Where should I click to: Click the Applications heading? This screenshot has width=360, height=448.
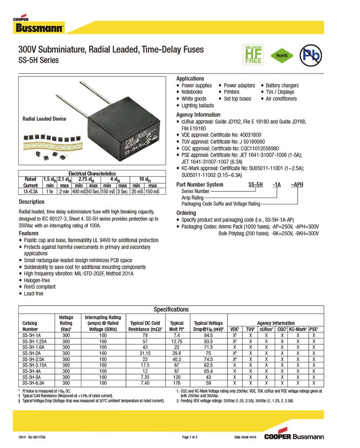tap(190, 79)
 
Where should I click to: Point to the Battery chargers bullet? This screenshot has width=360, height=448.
tap(282, 85)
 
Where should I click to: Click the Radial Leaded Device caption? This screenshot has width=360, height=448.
tap(44, 119)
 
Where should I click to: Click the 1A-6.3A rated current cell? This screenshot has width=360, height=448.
tap(30, 191)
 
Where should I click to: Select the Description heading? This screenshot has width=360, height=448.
tap(32, 202)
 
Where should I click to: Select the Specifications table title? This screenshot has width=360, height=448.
tap(171, 310)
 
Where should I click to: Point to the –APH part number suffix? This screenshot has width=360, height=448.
tap(296, 185)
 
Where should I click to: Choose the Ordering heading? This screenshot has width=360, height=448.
tap(186, 213)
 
